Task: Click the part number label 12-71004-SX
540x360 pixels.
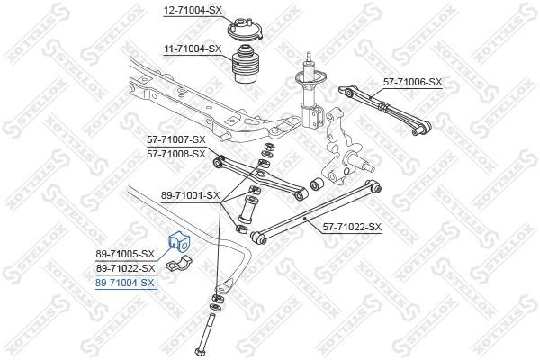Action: [x=192, y=11]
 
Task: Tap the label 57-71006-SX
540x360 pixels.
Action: [x=413, y=82]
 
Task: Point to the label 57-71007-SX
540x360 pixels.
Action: [x=176, y=140]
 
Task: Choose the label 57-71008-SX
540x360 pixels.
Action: [x=176, y=154]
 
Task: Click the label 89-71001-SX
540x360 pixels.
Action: [x=189, y=194]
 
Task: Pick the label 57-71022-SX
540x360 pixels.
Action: [x=351, y=227]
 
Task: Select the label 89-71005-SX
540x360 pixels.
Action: [x=126, y=255]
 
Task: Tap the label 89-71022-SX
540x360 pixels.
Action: [x=126, y=268]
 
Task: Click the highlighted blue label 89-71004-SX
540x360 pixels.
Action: [x=126, y=283]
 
